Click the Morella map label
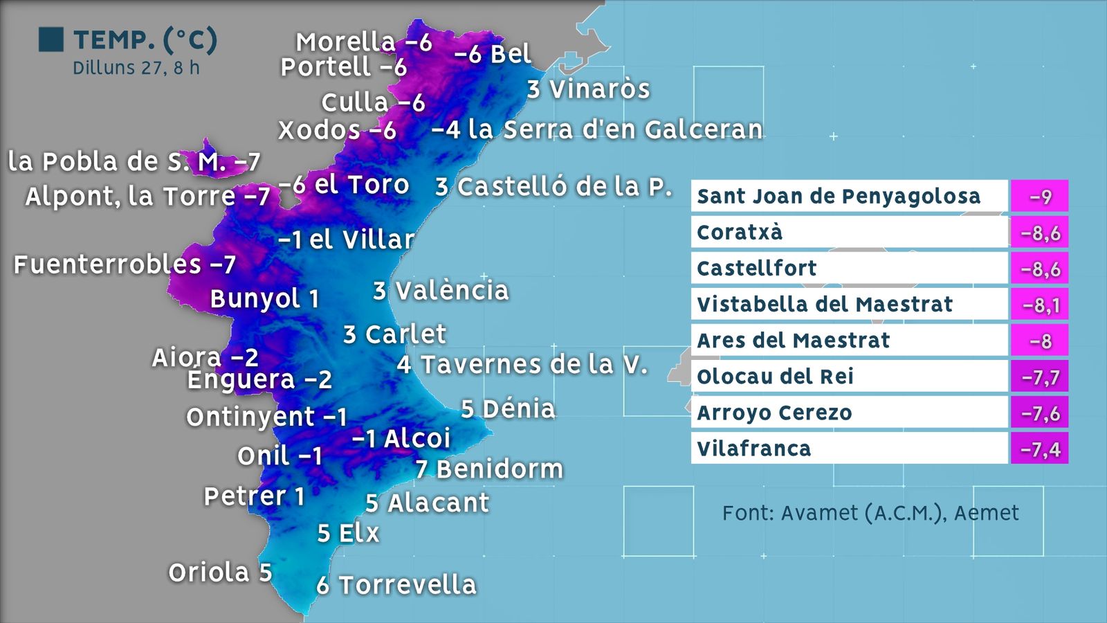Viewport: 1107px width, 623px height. click(x=363, y=42)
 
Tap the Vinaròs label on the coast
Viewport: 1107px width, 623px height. click(x=588, y=89)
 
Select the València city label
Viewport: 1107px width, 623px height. click(x=441, y=291)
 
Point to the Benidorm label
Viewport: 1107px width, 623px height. click(x=489, y=469)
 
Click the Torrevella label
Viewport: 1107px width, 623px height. click(x=396, y=585)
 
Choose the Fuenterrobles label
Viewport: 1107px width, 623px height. click(x=125, y=264)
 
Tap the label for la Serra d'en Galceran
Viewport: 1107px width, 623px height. click(x=597, y=129)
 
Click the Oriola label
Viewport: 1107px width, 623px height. click(x=220, y=572)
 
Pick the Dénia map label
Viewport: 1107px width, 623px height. click(x=508, y=409)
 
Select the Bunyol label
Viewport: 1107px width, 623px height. click(x=264, y=299)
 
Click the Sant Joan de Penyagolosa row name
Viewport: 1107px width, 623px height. click(x=839, y=196)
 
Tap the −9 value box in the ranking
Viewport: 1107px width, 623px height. click(x=1040, y=197)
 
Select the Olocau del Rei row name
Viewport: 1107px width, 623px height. click(x=776, y=377)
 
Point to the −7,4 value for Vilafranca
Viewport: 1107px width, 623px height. click(x=1040, y=449)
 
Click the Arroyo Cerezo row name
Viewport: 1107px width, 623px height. click(x=774, y=413)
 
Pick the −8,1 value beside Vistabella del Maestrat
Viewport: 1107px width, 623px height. click(x=1040, y=305)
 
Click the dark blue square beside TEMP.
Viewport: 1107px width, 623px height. click(x=51, y=39)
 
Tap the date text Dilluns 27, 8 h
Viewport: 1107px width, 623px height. click(x=136, y=68)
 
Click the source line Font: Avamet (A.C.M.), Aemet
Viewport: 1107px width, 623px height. click(x=870, y=513)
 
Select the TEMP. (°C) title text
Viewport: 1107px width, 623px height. click(x=145, y=40)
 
